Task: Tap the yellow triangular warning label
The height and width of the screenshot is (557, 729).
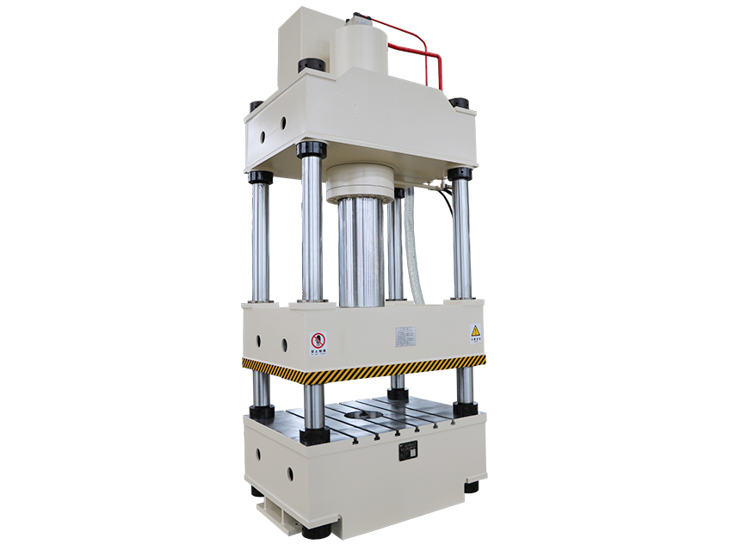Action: point(474,331)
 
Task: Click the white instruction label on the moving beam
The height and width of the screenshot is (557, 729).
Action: point(405,335)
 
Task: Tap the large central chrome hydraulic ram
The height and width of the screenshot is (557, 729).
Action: point(360,250)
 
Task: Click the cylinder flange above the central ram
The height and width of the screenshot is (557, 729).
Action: point(359,183)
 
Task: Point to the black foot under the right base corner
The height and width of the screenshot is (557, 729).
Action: point(471,487)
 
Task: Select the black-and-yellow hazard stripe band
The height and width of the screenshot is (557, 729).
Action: point(361,368)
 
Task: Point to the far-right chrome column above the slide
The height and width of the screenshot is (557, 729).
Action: point(461,237)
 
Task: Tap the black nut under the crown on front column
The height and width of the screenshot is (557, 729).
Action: point(312,150)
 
